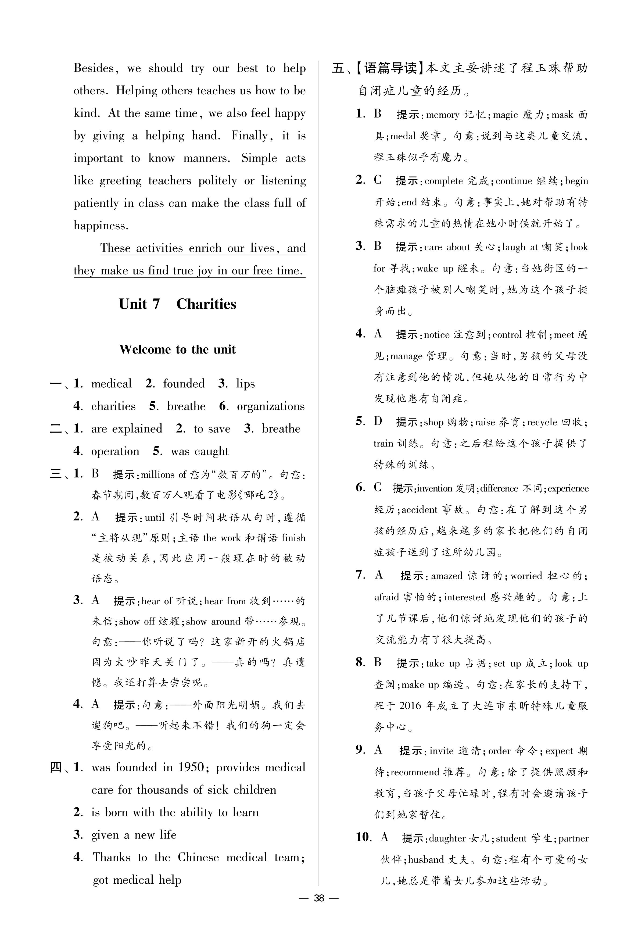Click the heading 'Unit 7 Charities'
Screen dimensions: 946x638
pyautogui.click(x=177, y=304)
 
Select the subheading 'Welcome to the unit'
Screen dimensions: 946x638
pyautogui.click(x=177, y=349)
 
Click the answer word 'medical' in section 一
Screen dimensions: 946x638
pyautogui.click(x=112, y=384)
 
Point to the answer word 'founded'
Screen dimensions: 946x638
pyautogui.click(x=184, y=384)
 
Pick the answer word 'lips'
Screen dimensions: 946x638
pyautogui.click(x=245, y=384)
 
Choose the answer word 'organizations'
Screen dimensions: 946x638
pyautogui.click(x=271, y=406)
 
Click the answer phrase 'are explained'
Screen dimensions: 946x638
pyautogui.click(x=127, y=429)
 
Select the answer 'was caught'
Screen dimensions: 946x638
pyautogui.click(x=199, y=451)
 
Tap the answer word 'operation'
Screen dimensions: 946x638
pyautogui.click(x=115, y=451)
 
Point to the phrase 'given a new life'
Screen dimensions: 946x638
pyautogui.click(x=134, y=835)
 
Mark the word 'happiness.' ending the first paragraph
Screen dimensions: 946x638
pyautogui.click(x=101, y=226)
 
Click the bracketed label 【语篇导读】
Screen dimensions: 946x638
pyautogui.click(x=390, y=68)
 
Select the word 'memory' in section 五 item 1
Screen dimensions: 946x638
pyautogui.click(x=443, y=115)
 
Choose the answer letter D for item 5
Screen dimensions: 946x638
pyautogui.click(x=378, y=421)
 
